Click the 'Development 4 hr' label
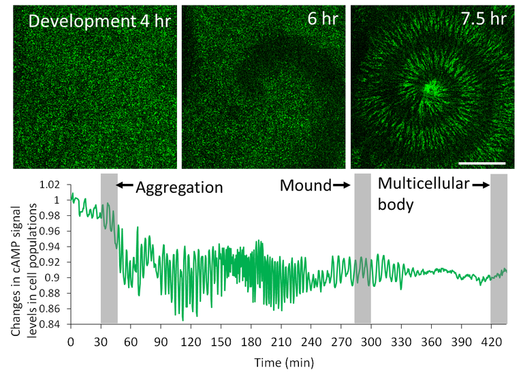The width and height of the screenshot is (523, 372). click(99, 22)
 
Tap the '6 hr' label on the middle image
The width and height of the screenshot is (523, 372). click(321, 18)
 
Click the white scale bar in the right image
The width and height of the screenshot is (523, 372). click(483, 164)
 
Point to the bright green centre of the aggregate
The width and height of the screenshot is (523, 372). click(430, 88)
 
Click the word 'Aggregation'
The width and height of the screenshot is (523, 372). click(180, 187)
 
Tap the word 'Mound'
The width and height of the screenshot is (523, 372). click(304, 185)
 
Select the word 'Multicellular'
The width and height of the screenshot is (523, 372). click(424, 184)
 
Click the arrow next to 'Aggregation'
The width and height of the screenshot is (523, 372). click(125, 185)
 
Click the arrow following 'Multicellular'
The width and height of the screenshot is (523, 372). click(481, 185)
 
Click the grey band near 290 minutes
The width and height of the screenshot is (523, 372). click(362, 249)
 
